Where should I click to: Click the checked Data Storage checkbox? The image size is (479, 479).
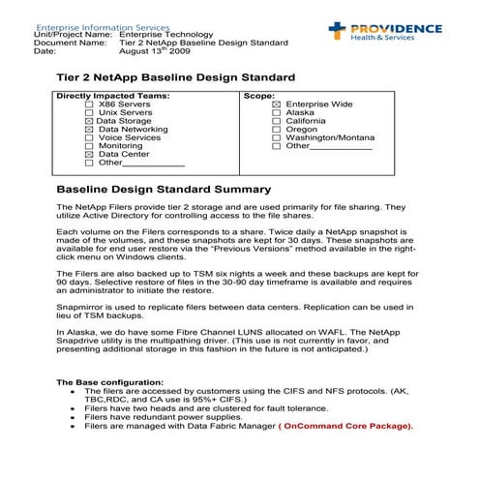click(90, 121)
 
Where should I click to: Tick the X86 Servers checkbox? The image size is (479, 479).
click(90, 105)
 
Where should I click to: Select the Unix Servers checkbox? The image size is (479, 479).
click(90, 112)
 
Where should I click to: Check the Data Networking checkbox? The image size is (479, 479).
click(90, 129)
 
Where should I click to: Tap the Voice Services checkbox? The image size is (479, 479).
click(90, 137)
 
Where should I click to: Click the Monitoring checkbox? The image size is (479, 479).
click(90, 146)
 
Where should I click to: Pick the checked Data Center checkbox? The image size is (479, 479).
click(90, 154)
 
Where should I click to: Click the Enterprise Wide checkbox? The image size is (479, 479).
click(277, 105)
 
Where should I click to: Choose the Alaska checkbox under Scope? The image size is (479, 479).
click(277, 112)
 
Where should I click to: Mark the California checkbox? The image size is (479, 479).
click(277, 121)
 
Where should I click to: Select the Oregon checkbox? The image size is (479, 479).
click(277, 129)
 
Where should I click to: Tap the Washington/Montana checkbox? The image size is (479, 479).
click(277, 137)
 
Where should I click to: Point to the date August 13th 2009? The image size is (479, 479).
click(153, 51)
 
